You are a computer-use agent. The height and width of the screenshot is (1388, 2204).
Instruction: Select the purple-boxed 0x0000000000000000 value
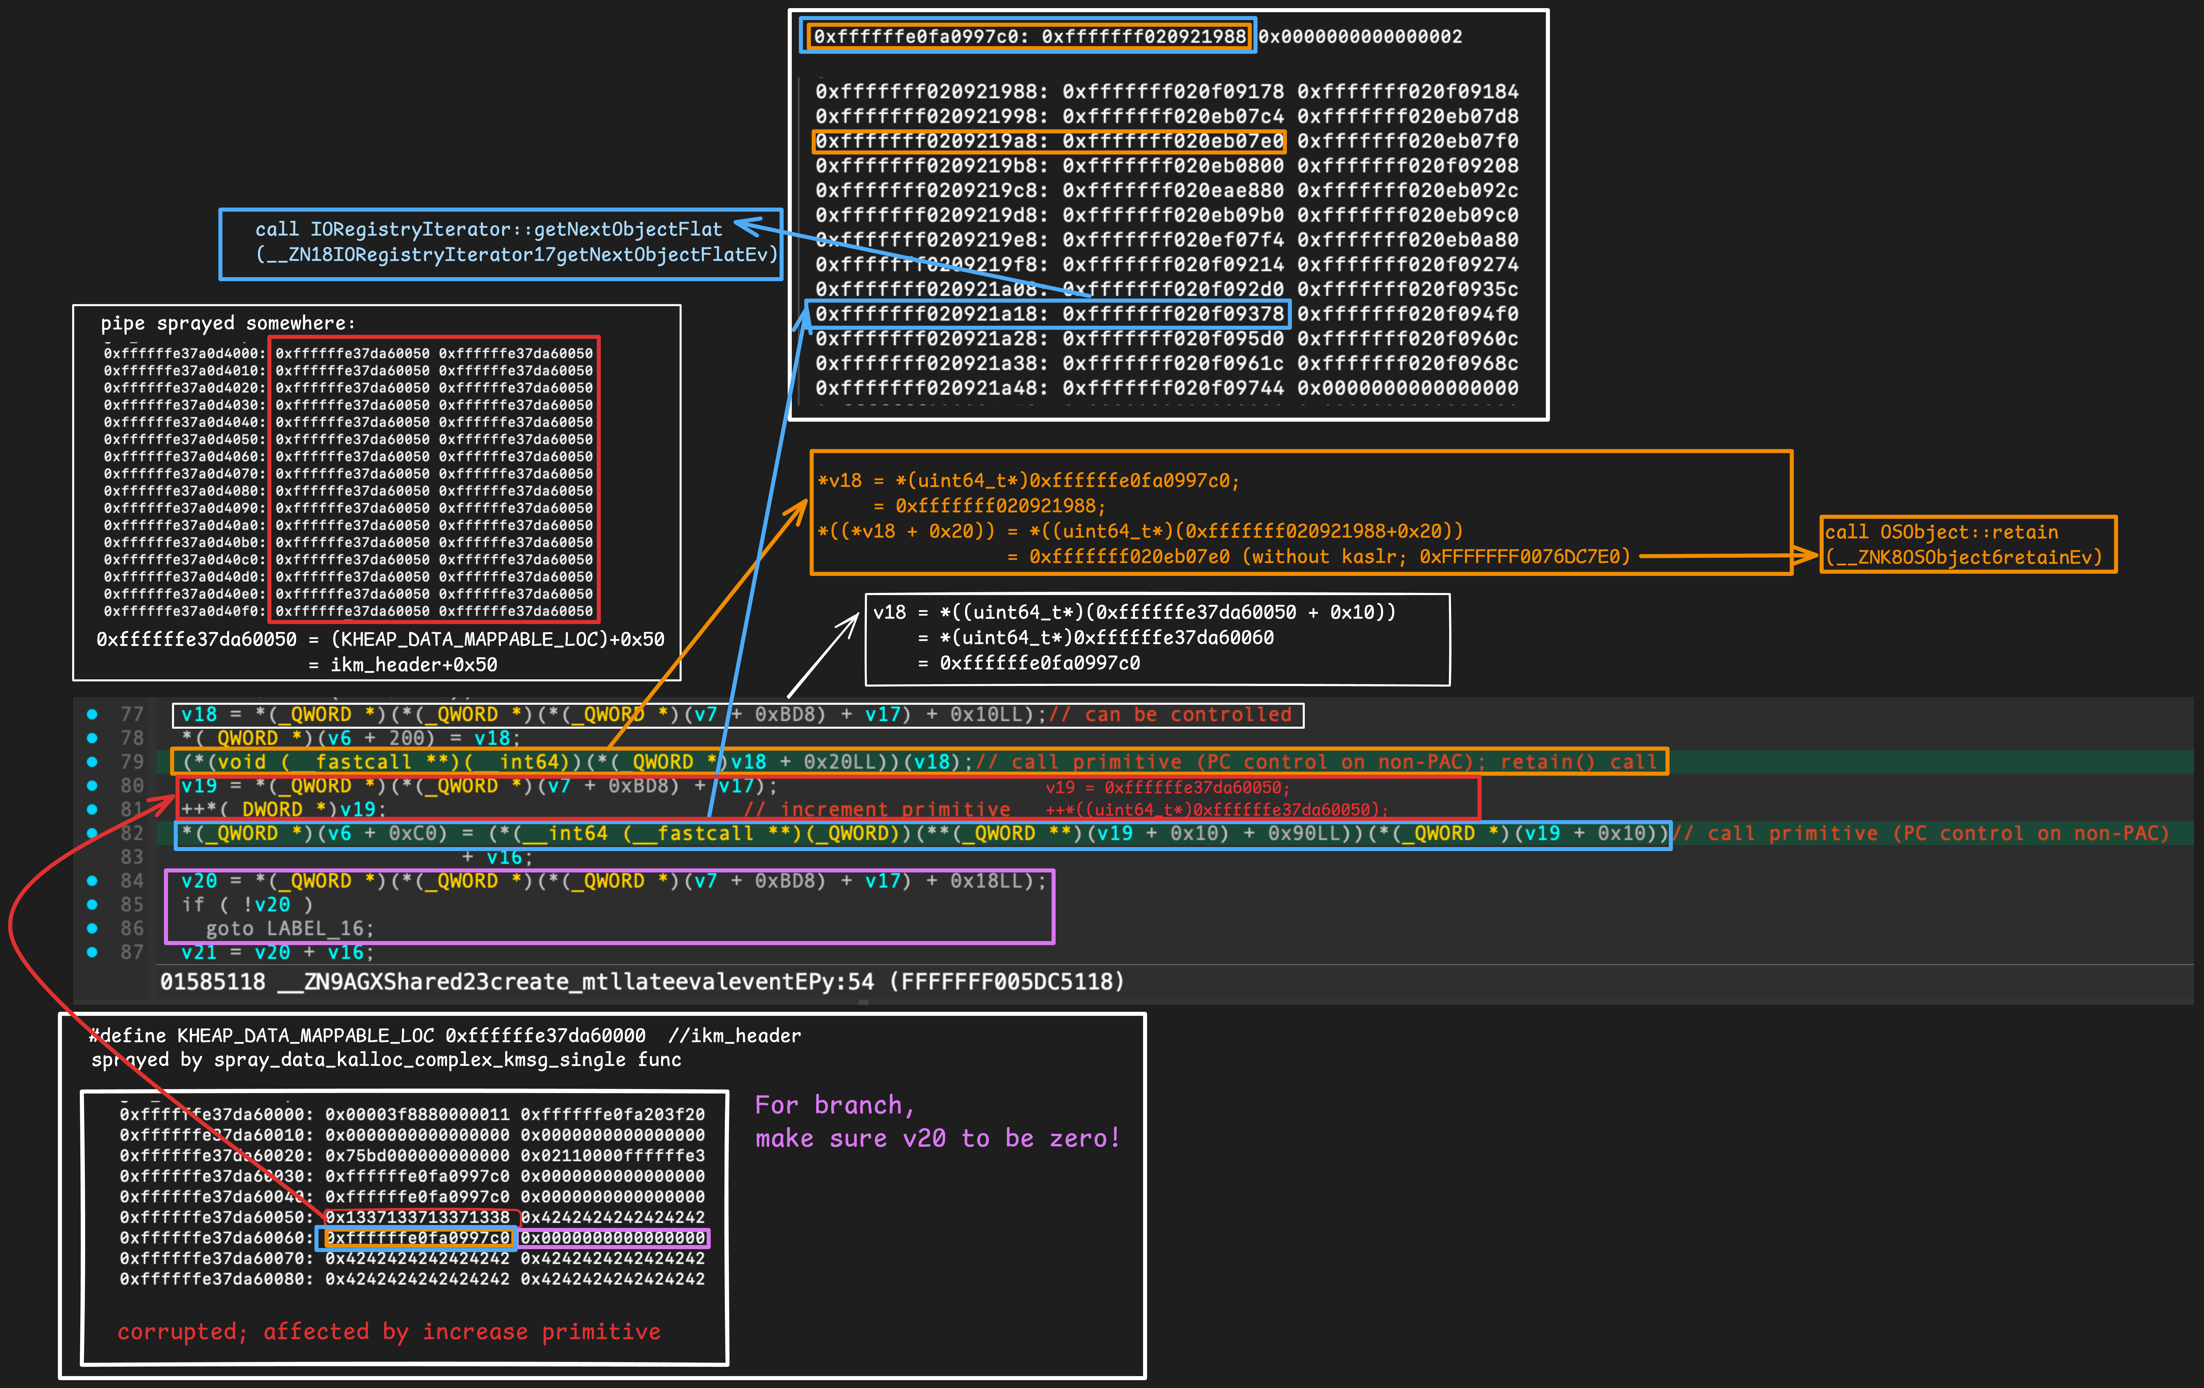tap(613, 1238)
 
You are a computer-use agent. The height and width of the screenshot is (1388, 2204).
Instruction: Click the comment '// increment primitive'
tap(877, 810)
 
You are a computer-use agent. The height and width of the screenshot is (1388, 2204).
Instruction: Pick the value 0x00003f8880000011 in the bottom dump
tap(417, 1114)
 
